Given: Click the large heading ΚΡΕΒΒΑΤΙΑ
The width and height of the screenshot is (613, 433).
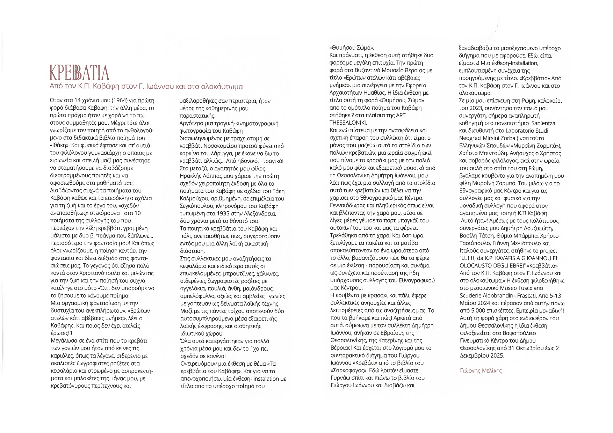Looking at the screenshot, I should (x=79, y=73).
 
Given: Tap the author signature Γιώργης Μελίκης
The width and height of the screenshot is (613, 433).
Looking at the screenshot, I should (x=481, y=371).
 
